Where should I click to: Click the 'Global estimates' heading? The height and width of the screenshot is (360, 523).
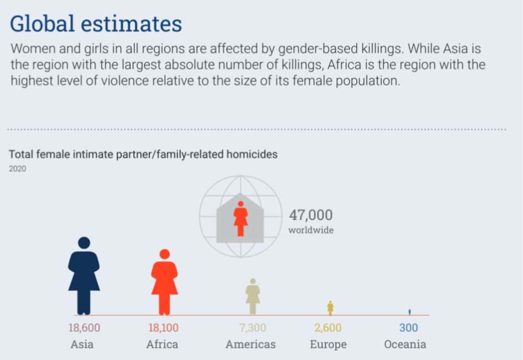point(96,24)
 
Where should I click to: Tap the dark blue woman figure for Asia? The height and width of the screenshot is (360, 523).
point(84,276)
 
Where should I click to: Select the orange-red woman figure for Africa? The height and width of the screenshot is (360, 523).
point(165,282)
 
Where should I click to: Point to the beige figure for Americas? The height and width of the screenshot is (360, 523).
point(253,297)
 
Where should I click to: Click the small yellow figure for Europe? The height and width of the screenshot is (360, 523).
point(330,308)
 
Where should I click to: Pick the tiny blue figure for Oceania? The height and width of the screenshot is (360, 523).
point(410,311)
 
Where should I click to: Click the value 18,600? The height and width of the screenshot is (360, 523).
point(84,327)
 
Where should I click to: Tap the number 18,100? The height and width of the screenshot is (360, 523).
point(163,327)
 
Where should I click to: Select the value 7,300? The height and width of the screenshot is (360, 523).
point(252,327)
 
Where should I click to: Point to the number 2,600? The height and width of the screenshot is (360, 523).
point(328,327)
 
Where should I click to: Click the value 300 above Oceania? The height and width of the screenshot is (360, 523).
point(409,327)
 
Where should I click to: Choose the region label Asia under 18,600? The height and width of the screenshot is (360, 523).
point(82,344)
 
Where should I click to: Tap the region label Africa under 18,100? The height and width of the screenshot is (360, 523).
point(162,344)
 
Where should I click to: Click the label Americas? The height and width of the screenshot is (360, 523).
point(251,344)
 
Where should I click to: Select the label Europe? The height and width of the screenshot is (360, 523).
point(328,345)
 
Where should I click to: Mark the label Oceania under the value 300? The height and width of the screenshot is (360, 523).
point(405,344)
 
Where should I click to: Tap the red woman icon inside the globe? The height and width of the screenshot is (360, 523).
point(240,219)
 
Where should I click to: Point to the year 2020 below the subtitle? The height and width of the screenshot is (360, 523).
point(17,168)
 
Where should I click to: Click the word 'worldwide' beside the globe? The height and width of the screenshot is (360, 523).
point(311,230)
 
